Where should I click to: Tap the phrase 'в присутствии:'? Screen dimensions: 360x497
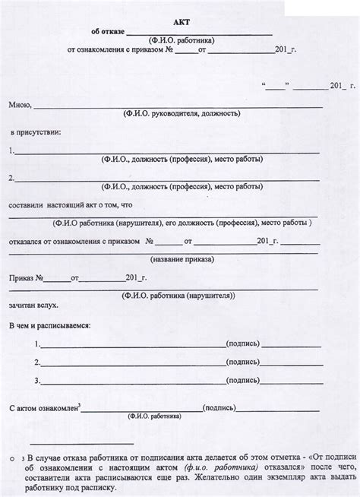36,132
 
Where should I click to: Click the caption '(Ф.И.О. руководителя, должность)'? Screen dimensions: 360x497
181,113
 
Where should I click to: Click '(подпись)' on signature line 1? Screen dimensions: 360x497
244,343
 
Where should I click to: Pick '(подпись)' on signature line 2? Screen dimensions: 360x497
244,362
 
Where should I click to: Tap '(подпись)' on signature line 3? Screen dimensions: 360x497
244,381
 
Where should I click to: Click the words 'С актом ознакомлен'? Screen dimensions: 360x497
43,409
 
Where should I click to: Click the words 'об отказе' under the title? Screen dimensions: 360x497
106,33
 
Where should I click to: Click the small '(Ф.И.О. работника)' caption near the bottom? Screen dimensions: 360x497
154,417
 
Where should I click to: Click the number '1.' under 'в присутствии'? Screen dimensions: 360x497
11,150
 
